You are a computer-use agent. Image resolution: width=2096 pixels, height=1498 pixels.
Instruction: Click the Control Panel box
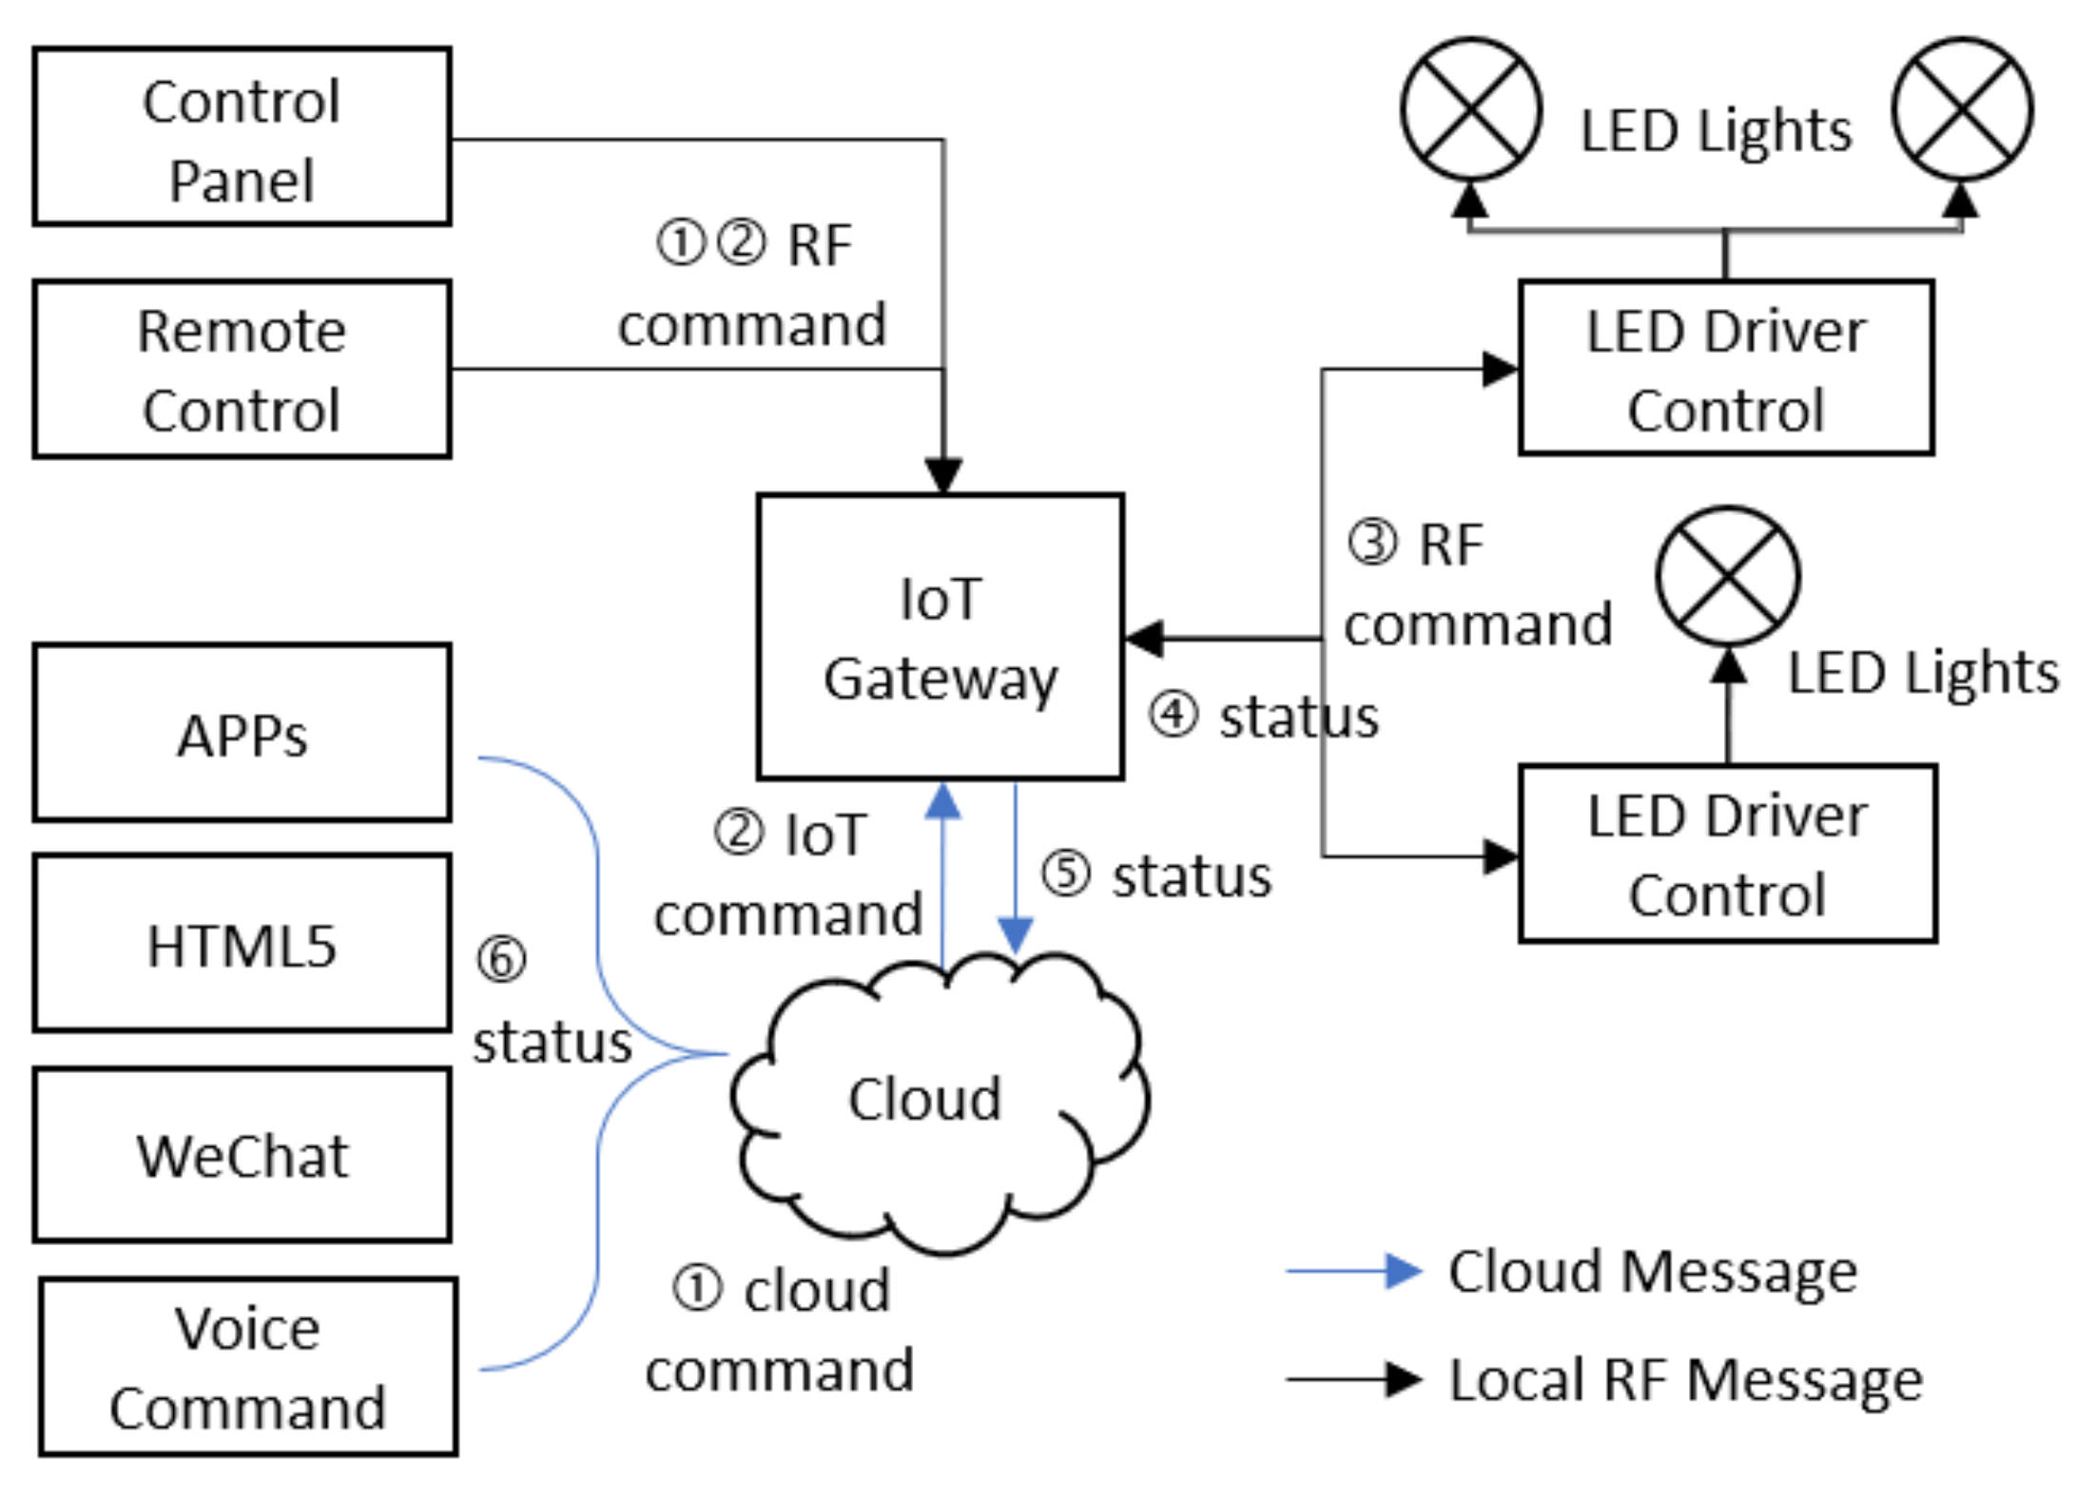242,137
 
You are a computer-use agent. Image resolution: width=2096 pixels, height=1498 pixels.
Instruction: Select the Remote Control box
242,370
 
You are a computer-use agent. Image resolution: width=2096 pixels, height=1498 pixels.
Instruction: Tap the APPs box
242,733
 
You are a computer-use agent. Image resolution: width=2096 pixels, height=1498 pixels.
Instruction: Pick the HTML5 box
242,943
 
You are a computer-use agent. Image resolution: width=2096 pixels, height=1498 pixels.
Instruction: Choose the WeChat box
242,1155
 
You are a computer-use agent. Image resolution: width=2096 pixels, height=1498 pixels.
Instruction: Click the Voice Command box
248,1367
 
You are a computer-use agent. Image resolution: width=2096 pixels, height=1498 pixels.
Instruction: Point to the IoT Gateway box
941,637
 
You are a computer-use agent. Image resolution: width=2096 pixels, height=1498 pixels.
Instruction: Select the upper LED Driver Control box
1726,368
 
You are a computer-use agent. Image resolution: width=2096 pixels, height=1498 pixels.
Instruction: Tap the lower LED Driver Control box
1728,854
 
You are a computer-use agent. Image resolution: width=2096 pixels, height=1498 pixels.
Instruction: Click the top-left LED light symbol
1471,109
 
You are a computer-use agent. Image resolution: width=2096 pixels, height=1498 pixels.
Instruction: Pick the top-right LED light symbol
1963,109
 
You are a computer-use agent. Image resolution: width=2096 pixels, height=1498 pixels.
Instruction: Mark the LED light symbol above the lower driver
1728,577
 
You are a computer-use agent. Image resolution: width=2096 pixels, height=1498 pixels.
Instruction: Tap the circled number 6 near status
501,959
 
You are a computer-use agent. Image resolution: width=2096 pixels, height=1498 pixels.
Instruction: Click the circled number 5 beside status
1065,874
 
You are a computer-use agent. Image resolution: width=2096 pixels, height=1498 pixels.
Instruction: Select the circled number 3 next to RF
1372,544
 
